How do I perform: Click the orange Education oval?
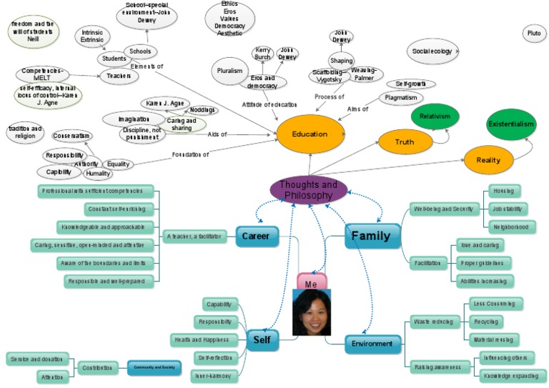(310, 134)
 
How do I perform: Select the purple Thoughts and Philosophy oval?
(309, 190)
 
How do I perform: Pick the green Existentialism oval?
(510, 124)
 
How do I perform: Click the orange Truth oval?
(405, 142)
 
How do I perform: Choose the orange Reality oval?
(488, 160)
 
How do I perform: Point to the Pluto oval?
(533, 34)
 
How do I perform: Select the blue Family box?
(371, 236)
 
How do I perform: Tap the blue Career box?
(256, 236)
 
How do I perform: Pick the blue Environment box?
(370, 344)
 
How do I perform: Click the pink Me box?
(311, 282)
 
